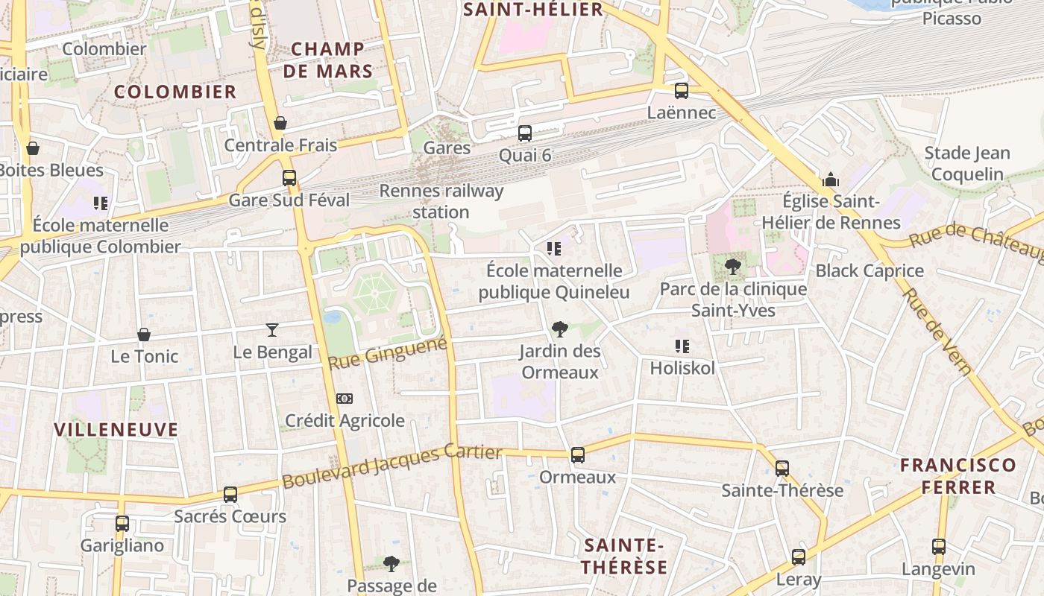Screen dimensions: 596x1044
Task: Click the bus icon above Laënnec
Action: pos(681,91)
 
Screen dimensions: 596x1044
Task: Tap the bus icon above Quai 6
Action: pos(525,133)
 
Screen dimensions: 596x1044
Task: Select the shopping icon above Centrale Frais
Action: pos(280,123)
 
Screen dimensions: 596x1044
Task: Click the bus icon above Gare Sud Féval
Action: pos(289,178)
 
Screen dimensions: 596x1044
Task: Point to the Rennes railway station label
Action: pos(441,201)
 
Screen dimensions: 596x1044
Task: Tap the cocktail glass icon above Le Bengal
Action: pos(272,329)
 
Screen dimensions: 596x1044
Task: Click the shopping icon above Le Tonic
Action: pos(144,335)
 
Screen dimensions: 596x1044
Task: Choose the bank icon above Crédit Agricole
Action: pos(344,399)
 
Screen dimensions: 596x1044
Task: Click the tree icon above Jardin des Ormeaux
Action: pos(559,329)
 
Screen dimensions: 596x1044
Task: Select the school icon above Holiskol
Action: pos(682,346)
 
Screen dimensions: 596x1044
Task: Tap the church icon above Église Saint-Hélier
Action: pos(830,180)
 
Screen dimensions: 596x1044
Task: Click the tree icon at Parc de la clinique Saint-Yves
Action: pos(733,267)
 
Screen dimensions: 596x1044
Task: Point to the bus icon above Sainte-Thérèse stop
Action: pos(782,469)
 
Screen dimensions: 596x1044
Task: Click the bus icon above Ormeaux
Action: pos(577,455)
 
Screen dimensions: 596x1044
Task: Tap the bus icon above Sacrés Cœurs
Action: pos(230,495)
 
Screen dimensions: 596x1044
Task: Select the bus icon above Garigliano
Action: pos(122,524)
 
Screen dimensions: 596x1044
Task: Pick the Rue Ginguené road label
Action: pos(388,352)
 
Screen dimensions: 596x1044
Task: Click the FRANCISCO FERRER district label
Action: pos(957,476)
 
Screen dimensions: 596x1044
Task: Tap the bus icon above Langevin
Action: pos(938,547)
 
